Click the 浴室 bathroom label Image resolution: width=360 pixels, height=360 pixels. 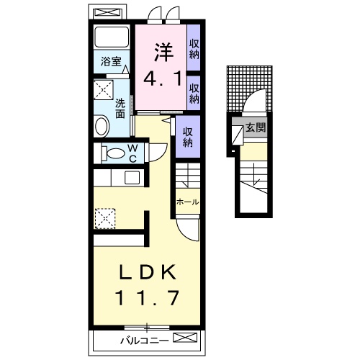(x=111, y=62)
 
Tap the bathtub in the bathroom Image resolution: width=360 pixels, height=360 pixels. (x=112, y=37)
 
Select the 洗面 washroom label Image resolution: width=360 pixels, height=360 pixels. (x=120, y=109)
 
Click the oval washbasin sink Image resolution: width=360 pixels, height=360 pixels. (x=102, y=126)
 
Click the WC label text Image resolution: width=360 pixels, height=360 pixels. (x=132, y=153)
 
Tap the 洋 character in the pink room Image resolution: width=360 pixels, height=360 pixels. (x=163, y=53)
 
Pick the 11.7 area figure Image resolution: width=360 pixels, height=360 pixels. (x=148, y=298)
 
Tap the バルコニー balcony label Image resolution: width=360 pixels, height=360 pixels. (x=143, y=341)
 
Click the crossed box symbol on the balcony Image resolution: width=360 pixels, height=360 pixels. (x=185, y=338)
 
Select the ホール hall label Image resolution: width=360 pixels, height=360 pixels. (x=188, y=202)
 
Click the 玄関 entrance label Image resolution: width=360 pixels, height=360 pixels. (x=256, y=127)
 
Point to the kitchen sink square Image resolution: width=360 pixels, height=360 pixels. (x=132, y=178)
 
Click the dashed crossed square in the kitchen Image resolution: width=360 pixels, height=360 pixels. (x=105, y=218)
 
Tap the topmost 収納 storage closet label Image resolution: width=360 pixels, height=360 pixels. (x=194, y=49)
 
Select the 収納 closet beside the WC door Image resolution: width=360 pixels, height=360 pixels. (x=188, y=137)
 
